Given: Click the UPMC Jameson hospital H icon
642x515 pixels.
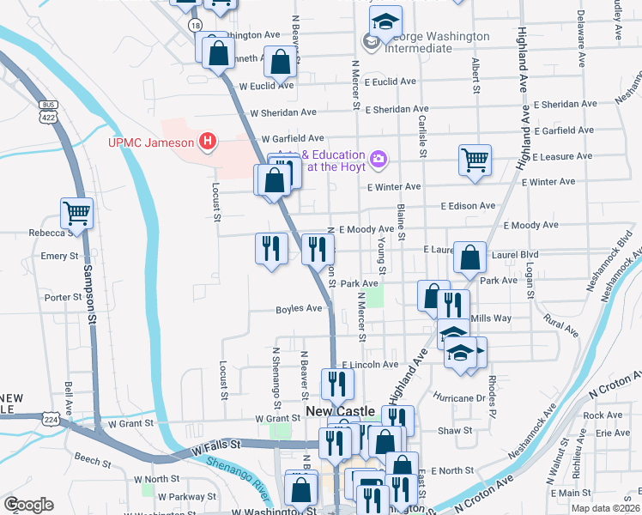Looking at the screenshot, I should tap(206, 141).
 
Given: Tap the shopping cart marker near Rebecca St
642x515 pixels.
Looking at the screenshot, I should tap(76, 213).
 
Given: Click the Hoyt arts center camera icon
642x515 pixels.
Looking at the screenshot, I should tap(379, 159).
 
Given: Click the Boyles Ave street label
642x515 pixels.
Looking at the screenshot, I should tap(299, 310).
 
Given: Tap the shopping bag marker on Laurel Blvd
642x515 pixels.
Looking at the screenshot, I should tap(470, 257).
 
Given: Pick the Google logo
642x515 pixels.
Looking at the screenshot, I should tap(28, 505).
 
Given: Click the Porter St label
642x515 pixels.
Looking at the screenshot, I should tap(63, 298).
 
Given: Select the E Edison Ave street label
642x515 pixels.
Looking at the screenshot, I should tap(468, 206).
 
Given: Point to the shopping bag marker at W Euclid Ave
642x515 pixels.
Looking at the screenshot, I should tap(281, 62).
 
